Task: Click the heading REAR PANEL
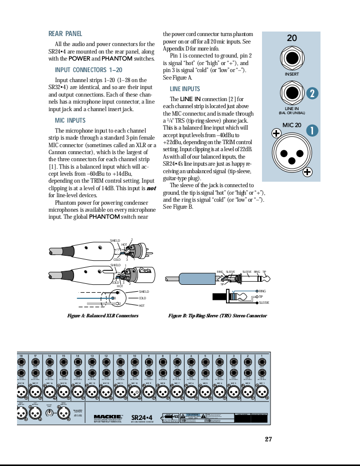pyautogui.click(x=65, y=34)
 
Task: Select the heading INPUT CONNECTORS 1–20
pyautogui.click(x=88, y=70)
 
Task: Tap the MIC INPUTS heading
pyautogui.click(x=70, y=121)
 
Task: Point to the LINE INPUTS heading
pyautogui.click(x=184, y=89)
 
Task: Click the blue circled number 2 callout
pyautogui.click(x=312, y=94)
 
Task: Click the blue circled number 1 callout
pyautogui.click(x=312, y=131)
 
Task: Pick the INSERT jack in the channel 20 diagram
pyautogui.click(x=291, y=58)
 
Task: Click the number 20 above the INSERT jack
pyautogui.click(x=291, y=38)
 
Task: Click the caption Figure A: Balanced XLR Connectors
pyautogui.click(x=102, y=316)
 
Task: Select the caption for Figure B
pyautogui.click(x=217, y=316)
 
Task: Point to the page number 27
pyautogui.click(x=268, y=439)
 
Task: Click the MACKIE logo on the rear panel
pyautogui.click(x=108, y=416)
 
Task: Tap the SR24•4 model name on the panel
pyautogui.click(x=141, y=417)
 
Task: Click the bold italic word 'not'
pyautogui.click(x=150, y=188)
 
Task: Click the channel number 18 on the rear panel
pyautogui.click(x=21, y=356)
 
